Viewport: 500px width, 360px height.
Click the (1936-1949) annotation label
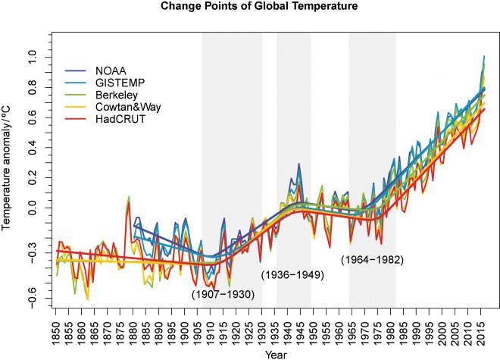(x=292, y=274)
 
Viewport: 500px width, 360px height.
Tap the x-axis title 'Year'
(x=270, y=353)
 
